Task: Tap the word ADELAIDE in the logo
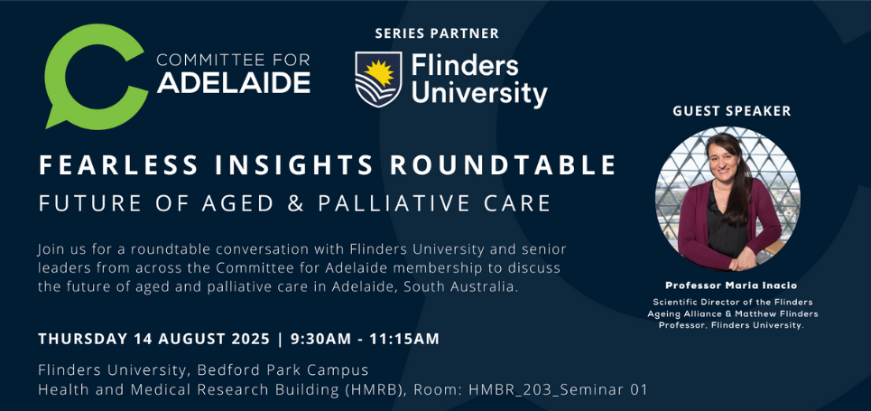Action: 234,82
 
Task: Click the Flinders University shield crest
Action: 378,79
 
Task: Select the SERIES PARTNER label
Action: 437,33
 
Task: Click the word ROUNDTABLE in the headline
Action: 504,165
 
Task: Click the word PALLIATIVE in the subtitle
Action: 399,203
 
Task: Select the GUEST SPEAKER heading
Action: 732,111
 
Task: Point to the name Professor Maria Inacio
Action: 731,285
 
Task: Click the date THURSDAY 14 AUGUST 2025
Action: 153,339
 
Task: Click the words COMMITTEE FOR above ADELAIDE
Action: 233,60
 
